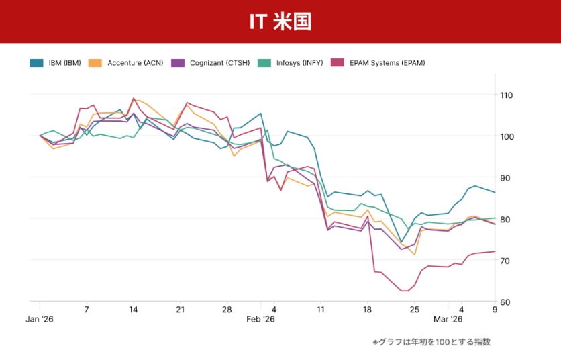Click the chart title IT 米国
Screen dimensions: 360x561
point(280,21)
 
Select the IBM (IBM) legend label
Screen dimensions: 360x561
point(64,63)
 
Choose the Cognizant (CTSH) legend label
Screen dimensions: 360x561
point(219,63)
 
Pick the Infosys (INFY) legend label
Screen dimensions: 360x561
point(299,63)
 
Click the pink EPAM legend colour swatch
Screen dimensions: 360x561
point(337,63)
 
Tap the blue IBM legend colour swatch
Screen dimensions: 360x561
point(37,63)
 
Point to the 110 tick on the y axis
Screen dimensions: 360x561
point(506,95)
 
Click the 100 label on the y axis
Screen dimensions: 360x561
point(506,136)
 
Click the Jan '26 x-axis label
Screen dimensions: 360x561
point(40,320)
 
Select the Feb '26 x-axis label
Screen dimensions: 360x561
point(260,320)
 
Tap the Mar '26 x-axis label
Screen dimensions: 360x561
point(448,320)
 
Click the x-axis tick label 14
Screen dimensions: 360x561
point(134,310)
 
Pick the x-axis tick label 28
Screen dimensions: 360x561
point(227,310)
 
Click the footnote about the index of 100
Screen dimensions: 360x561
point(431,342)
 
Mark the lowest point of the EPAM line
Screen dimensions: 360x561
point(404,291)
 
